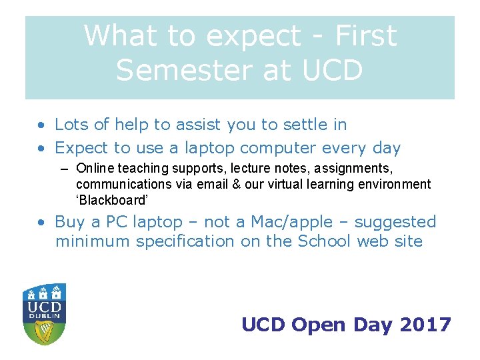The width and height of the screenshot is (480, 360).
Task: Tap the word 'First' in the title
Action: click(x=366, y=35)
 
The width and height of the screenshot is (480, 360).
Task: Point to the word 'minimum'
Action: click(x=93, y=241)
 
